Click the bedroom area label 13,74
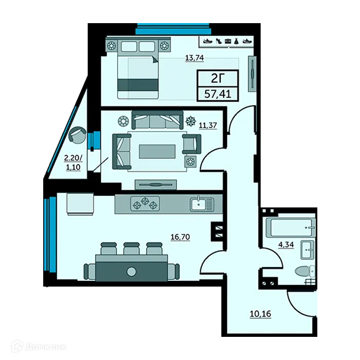pos(194,58)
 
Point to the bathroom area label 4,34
pos(286,244)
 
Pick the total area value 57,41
pos(218,95)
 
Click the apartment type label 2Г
pos(218,78)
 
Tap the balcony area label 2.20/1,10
pos(72,163)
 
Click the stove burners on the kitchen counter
pos(146,204)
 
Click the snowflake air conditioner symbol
pos(190,121)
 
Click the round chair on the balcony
pos(78,136)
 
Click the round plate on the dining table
pos(132,271)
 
